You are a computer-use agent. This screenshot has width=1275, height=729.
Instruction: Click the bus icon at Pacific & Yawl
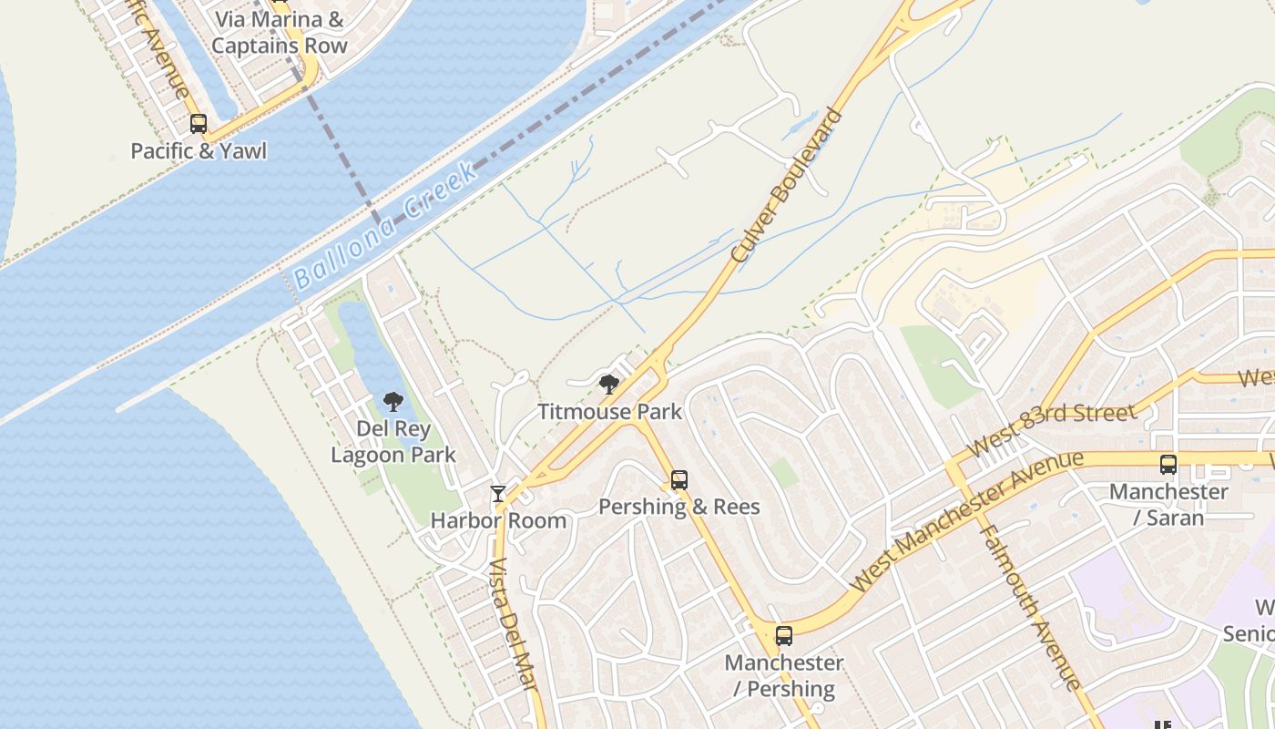click(x=199, y=124)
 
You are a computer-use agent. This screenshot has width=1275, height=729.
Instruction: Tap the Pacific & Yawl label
click(x=199, y=150)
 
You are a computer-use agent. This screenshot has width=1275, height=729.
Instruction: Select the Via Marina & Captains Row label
click(x=280, y=32)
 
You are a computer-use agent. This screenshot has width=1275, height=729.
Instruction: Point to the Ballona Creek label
click(x=384, y=226)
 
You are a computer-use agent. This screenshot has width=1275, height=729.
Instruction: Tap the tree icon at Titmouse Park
click(x=609, y=385)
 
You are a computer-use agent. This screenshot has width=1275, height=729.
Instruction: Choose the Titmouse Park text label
click(x=609, y=412)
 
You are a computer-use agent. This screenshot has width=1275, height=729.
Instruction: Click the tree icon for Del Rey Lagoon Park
click(x=393, y=401)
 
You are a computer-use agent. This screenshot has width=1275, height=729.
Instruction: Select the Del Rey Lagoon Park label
click(x=393, y=441)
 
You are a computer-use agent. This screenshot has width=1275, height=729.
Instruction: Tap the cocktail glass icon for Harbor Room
click(x=498, y=494)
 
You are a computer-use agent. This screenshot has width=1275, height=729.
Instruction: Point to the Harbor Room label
click(x=498, y=521)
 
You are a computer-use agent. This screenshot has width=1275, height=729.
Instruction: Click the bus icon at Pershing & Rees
click(x=679, y=480)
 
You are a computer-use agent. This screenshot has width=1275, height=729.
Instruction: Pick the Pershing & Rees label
click(x=679, y=507)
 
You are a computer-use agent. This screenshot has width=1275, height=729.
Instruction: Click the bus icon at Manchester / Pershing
click(x=784, y=636)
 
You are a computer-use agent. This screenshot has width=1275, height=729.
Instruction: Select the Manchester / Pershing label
click(x=784, y=675)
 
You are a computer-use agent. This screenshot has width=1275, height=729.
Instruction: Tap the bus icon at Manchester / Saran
click(x=1168, y=465)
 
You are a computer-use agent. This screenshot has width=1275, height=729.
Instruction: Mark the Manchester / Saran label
click(x=1168, y=504)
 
